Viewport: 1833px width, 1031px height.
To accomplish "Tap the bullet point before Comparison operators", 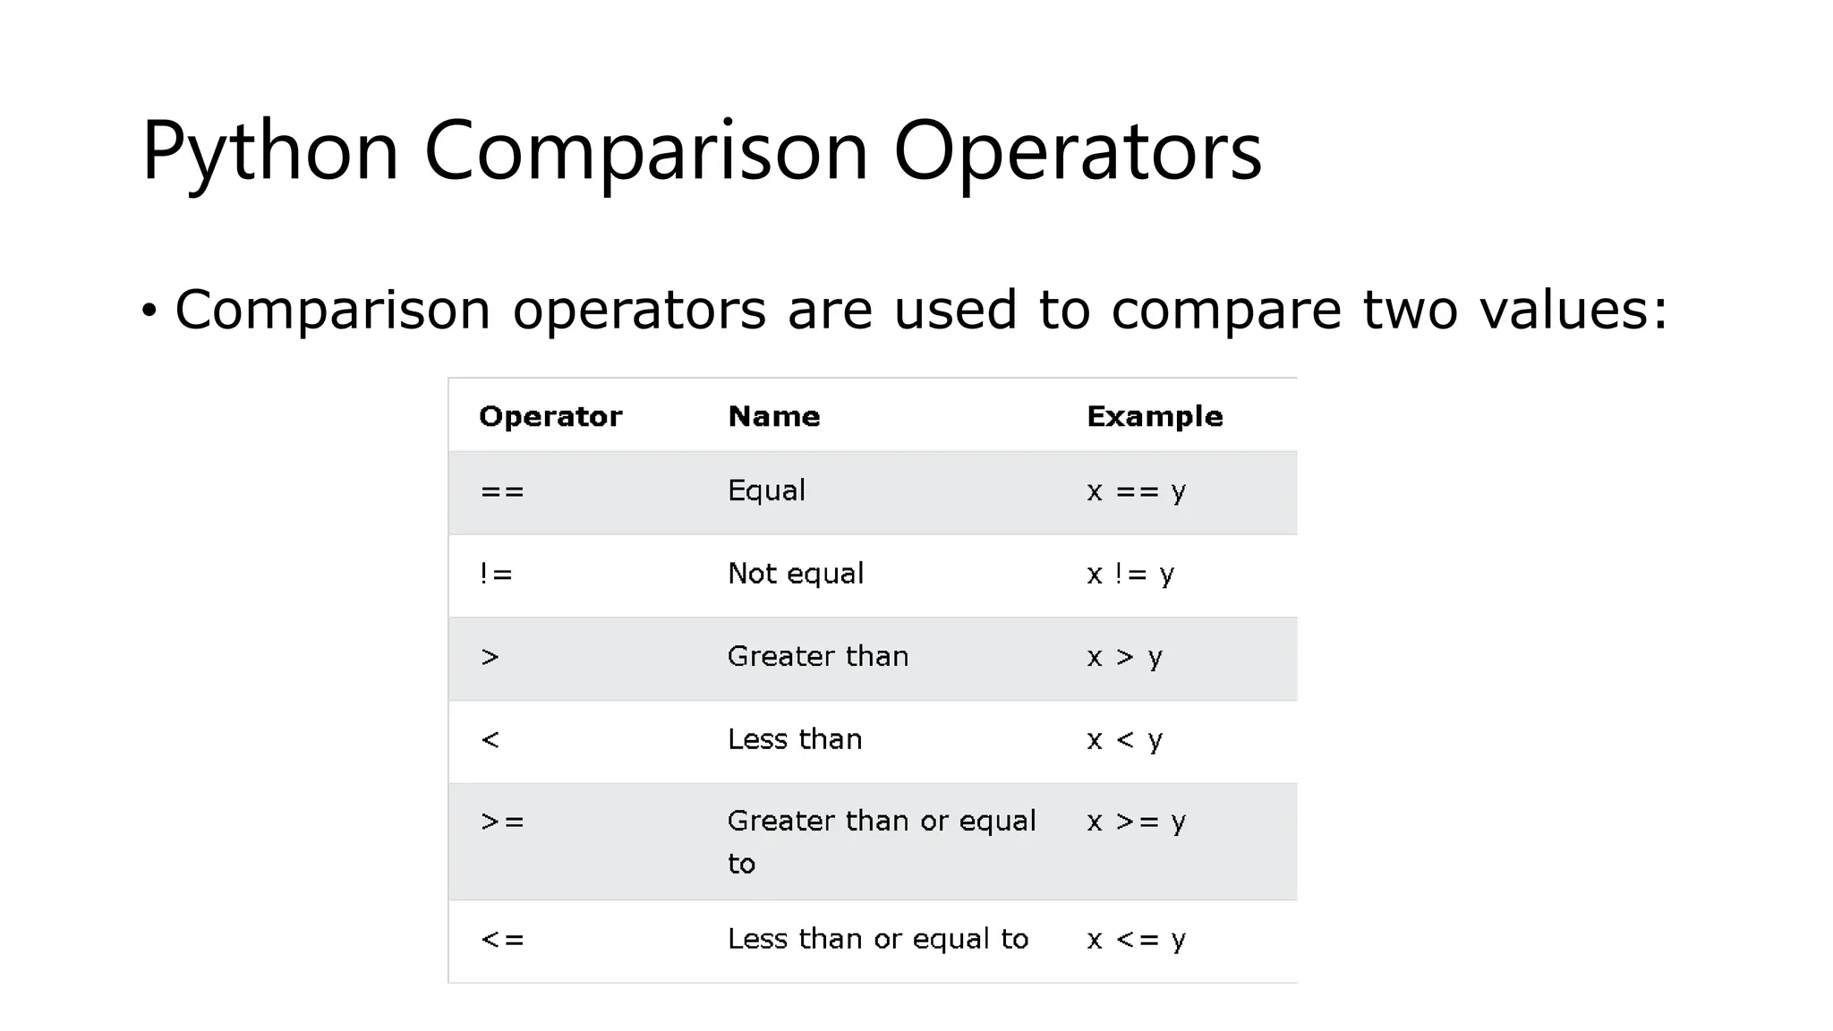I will click(149, 311).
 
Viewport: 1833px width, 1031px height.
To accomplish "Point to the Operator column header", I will click(550, 416).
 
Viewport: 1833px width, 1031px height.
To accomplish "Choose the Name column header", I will click(774, 416).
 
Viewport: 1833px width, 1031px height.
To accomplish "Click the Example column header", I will click(1155, 416).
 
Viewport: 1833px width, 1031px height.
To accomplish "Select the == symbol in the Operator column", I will click(502, 491).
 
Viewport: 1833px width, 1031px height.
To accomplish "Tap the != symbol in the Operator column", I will click(496, 574).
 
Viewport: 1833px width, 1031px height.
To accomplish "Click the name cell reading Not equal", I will click(796, 574).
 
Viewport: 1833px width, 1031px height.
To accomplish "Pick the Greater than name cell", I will click(818, 657).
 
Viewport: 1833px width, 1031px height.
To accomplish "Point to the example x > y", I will click(1124, 658).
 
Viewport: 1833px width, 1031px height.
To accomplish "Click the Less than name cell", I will click(795, 739).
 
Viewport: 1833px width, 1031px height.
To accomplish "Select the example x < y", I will click(1124, 740).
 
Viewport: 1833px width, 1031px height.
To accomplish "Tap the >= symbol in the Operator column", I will click(502, 822).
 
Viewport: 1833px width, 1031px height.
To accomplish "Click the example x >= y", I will click(1136, 822).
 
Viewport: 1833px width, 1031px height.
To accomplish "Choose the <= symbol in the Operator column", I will click(502, 940).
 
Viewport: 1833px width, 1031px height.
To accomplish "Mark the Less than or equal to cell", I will click(878, 939).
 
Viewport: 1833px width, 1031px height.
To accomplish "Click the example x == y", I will click(1136, 491).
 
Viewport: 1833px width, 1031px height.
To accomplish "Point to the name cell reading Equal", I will click(766, 490).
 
